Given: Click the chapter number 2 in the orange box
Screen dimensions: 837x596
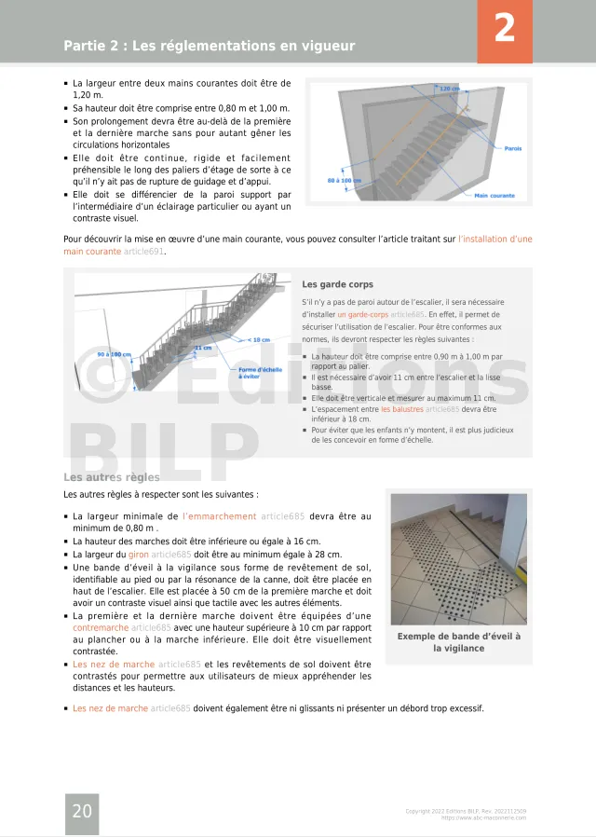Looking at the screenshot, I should pos(504,29).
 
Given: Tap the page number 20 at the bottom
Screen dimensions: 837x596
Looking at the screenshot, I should pos(82,811).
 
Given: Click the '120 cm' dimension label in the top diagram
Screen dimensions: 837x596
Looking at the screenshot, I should pos(450,89).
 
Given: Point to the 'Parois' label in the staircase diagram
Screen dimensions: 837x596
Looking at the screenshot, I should pos(512,148).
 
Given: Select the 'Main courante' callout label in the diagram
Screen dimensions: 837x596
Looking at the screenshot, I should pos(494,196).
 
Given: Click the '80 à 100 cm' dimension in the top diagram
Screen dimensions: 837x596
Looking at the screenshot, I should pos(345,180).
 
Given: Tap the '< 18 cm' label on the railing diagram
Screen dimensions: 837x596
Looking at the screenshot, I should pos(259,339).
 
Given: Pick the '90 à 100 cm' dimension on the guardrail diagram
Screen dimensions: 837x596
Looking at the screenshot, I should pos(115,354).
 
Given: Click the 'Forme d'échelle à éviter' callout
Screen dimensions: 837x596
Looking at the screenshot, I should pos(260,372).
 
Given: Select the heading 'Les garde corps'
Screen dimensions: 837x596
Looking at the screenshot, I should pos(337,284).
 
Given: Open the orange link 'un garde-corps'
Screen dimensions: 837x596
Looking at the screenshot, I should pos(362,315).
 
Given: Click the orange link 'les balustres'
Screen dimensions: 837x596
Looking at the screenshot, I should pos(401,409).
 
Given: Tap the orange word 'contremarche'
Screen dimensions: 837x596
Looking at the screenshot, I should pos(100,628).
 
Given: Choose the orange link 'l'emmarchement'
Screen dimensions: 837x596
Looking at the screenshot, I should pos(219,516).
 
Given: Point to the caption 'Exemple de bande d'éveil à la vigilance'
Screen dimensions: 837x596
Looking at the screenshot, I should pos(459,642).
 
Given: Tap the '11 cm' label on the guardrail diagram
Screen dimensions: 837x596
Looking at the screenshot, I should pos(203,348).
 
